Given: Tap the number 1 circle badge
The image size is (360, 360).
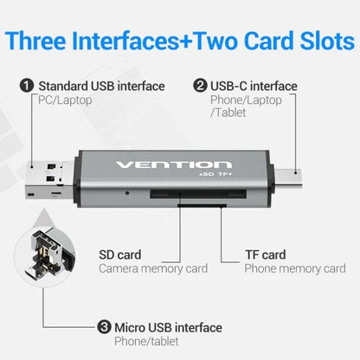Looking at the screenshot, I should click(27, 87).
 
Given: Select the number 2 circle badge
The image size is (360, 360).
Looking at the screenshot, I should click(200, 87).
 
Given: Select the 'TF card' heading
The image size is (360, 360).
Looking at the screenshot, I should click(265, 255).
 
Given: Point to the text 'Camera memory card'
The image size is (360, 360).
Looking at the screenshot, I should click(152, 269).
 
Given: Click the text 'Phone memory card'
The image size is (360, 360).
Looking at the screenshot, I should click(295, 269).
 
